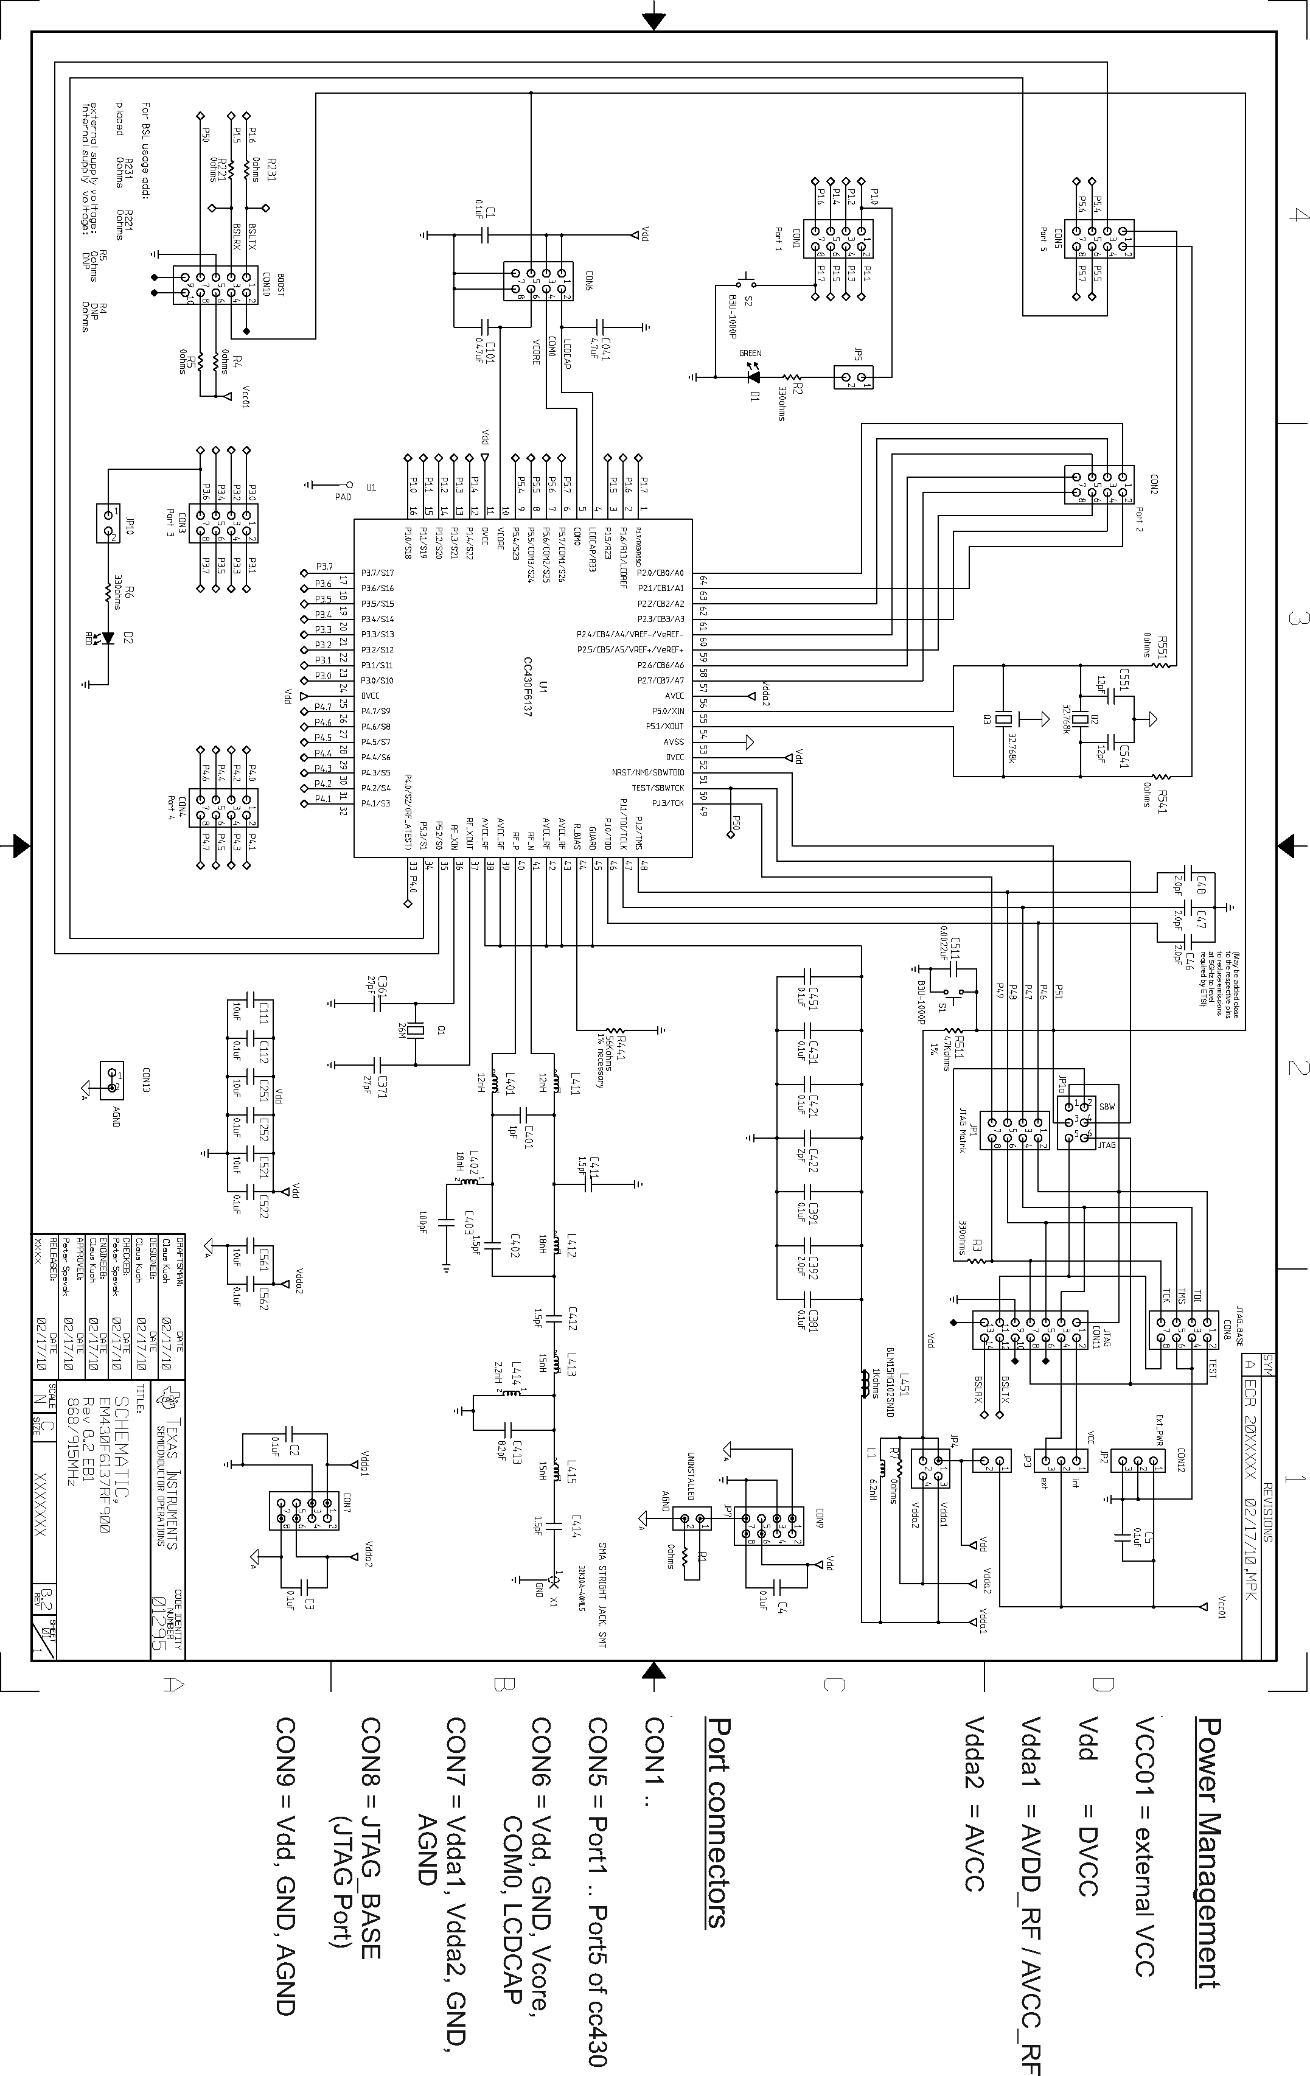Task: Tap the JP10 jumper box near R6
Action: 108,523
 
